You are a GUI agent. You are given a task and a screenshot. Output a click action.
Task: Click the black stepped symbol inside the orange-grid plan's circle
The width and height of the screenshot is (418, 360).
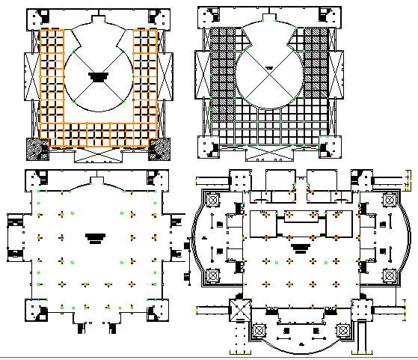pyautogui.click(x=98, y=76)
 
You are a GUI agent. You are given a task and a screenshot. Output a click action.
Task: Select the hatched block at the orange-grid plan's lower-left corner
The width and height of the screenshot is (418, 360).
pyautogui.click(x=36, y=148)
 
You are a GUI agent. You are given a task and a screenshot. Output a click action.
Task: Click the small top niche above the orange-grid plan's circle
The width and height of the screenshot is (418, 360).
pyautogui.click(x=98, y=16)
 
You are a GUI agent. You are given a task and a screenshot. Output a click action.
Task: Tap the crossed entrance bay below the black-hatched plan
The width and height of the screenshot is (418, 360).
pyautogui.click(x=267, y=152)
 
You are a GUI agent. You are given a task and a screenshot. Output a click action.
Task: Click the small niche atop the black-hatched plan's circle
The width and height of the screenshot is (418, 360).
pyautogui.click(x=267, y=16)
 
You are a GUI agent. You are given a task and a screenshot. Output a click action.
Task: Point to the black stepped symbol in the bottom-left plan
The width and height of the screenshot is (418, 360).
pyautogui.click(x=95, y=237)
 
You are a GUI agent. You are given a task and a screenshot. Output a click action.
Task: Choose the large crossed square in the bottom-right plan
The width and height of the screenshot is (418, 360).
pyautogui.click(x=240, y=308)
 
